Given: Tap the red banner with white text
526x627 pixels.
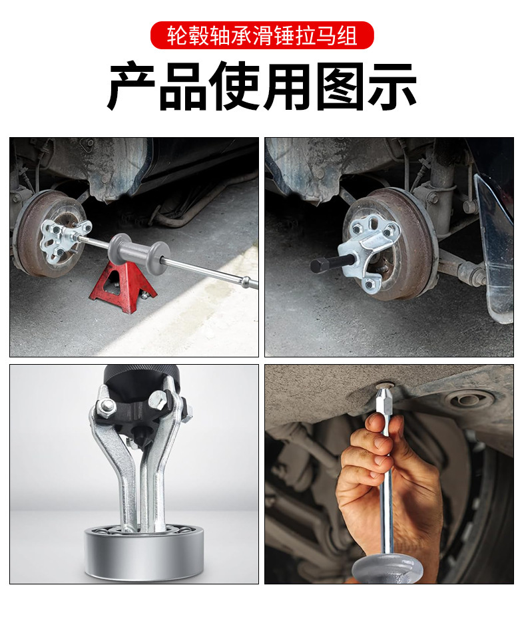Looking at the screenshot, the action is coord(262,35).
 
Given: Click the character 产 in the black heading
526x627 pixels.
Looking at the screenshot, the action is coord(132,87).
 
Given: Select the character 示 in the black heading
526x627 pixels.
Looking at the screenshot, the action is coord(392,87).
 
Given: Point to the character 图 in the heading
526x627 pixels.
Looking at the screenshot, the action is coord(340,87).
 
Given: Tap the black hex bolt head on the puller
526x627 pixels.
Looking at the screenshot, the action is coord(319,265).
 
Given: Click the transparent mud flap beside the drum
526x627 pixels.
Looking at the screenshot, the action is coord(495,248).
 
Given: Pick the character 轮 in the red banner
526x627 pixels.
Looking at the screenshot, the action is coord(176,35).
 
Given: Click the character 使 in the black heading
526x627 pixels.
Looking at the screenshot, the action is coord(236,87).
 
